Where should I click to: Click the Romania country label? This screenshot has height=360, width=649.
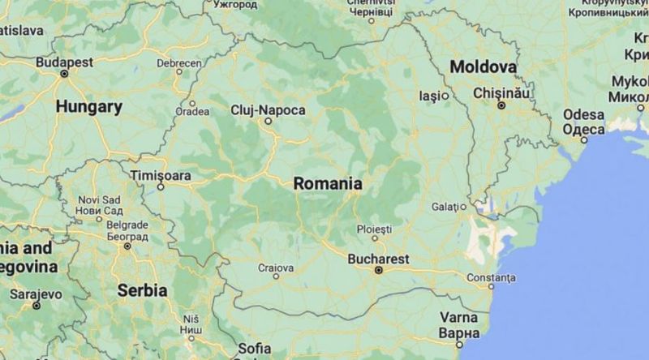coord(328,183)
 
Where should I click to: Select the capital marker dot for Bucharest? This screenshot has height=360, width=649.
coord(377,270)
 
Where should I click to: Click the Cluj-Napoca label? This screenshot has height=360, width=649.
coord(268,109)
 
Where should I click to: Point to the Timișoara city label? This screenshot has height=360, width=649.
coord(161,175)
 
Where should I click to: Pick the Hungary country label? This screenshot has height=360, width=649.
coord(89,106)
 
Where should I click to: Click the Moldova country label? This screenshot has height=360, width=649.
coord(484,66)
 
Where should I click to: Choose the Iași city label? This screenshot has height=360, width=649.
coord(429,96)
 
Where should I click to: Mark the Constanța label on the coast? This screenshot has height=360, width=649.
coord(491,277)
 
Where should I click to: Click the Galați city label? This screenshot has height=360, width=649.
coord(445,207)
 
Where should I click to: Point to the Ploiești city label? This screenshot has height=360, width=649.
coord(375,229)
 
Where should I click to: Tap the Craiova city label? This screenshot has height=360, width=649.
coord(275,267)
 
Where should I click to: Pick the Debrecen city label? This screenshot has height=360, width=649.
coord(179,62)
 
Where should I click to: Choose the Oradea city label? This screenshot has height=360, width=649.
coord(192,112)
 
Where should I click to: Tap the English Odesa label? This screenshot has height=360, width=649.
coord(584,115)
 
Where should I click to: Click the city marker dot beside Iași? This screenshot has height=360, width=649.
coord(445,96)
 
